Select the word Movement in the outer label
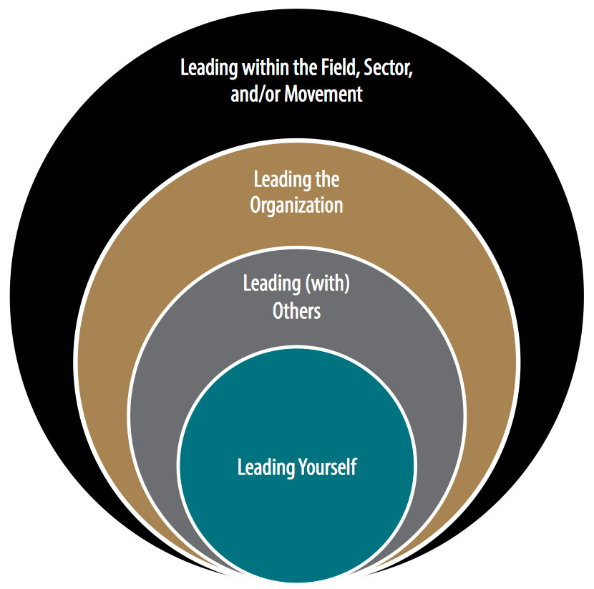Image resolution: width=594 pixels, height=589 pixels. (324, 94)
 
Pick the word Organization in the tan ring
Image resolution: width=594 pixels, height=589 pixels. (296, 205)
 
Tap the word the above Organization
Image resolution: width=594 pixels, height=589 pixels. (327, 179)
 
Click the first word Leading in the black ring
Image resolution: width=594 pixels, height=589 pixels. (207, 69)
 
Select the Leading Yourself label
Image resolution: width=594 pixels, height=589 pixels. (296, 468)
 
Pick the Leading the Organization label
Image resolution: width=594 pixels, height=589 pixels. (296, 192)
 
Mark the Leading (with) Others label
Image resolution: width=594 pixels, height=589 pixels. (296, 297)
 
